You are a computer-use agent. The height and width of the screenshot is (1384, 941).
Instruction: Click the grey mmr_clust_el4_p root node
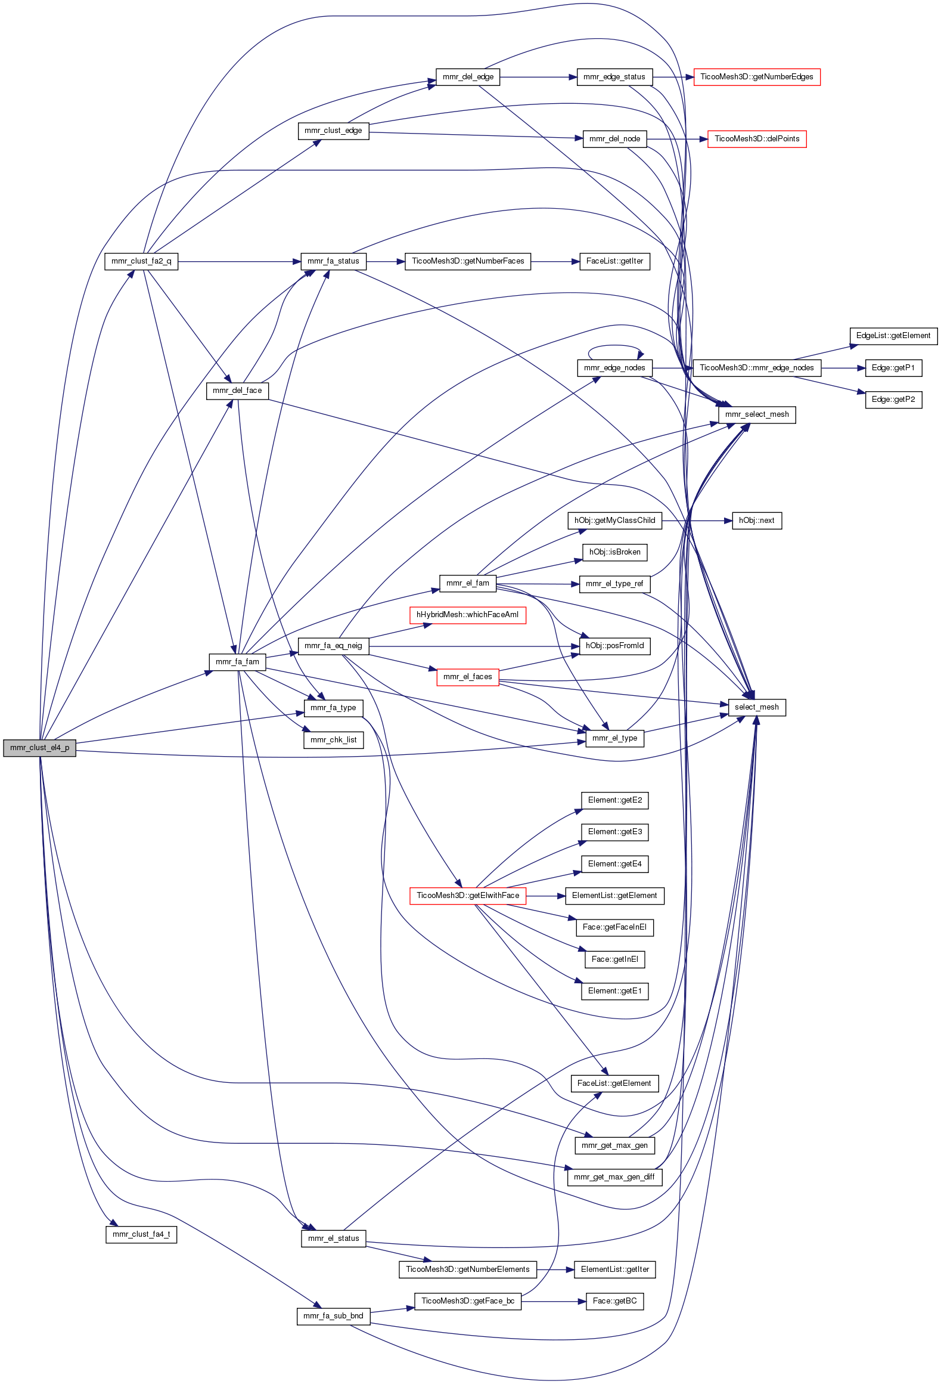(x=39, y=748)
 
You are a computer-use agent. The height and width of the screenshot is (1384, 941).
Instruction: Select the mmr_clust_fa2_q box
(x=141, y=261)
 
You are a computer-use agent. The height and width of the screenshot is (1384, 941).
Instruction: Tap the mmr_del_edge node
(x=468, y=77)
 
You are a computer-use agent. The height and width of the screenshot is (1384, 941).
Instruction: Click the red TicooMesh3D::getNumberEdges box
(x=756, y=77)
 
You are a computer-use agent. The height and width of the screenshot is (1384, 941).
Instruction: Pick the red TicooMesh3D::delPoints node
(x=756, y=139)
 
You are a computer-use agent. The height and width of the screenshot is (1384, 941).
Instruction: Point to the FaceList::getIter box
(x=614, y=261)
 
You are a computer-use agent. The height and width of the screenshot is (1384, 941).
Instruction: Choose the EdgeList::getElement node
(x=893, y=336)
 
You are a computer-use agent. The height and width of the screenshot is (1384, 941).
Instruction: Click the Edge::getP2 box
(x=893, y=400)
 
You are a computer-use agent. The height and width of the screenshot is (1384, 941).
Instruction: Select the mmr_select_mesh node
(x=756, y=414)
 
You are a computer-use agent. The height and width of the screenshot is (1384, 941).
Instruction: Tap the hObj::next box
(x=756, y=521)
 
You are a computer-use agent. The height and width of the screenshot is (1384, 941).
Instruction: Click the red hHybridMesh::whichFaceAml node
(x=467, y=615)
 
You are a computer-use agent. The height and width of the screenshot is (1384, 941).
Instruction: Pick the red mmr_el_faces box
(x=467, y=677)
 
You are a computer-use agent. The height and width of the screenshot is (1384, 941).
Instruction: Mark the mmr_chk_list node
(x=333, y=740)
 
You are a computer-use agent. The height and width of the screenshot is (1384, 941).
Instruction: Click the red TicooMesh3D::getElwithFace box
(x=467, y=896)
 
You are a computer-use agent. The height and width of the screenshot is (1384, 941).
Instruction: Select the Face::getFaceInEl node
(x=614, y=927)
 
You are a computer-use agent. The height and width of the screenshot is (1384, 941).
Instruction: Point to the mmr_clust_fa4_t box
(x=141, y=1234)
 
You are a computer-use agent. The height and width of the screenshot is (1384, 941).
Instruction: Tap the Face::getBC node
(x=614, y=1301)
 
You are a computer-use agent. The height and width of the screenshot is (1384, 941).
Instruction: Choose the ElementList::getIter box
(x=614, y=1270)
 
